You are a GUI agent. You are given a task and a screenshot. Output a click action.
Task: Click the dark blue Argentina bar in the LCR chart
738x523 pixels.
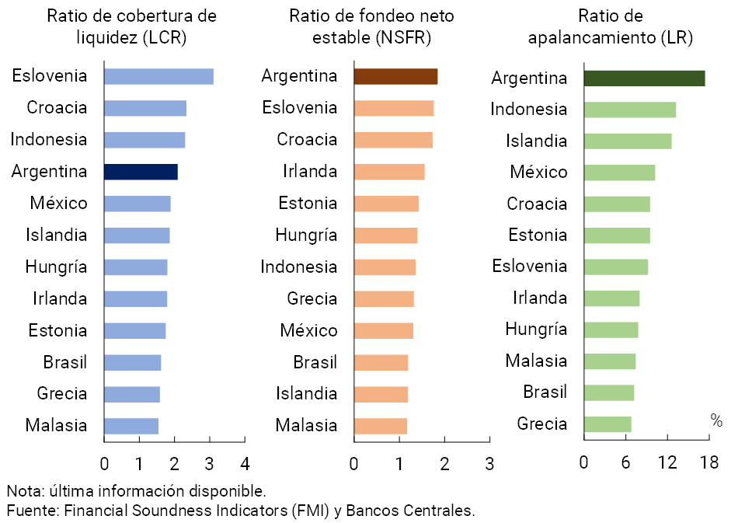point(141,172)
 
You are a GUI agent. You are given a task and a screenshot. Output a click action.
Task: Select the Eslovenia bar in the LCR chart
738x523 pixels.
point(158,76)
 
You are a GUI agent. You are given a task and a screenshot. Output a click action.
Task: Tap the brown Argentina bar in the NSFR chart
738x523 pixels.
point(395,76)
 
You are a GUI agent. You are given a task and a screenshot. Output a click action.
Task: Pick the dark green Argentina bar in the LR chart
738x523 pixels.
point(644,78)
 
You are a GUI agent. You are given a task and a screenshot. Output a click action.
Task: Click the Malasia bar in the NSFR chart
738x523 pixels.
point(380,426)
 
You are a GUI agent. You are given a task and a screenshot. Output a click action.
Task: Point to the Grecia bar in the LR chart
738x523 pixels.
point(607,424)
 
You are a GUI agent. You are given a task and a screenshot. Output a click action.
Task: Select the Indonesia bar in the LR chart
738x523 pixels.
point(629,110)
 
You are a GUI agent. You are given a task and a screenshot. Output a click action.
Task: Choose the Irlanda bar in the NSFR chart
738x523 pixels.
point(388,172)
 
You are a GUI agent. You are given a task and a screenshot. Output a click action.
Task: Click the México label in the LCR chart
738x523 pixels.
point(58,204)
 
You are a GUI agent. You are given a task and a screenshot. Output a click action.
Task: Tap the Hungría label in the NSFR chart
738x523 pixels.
point(306,235)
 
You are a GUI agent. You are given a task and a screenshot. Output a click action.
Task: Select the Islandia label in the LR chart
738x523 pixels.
point(536,141)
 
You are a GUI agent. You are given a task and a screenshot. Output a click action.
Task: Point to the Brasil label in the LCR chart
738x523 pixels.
point(64,362)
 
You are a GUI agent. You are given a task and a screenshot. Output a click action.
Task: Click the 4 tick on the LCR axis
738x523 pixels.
point(245,464)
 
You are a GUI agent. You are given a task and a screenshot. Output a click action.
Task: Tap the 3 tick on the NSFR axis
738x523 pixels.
point(489,464)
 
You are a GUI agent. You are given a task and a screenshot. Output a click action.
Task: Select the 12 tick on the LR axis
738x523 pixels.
point(667,463)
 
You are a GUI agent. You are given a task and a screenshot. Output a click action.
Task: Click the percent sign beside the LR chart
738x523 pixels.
point(715,420)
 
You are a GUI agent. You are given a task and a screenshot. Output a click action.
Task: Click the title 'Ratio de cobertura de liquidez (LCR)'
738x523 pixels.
point(131,26)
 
